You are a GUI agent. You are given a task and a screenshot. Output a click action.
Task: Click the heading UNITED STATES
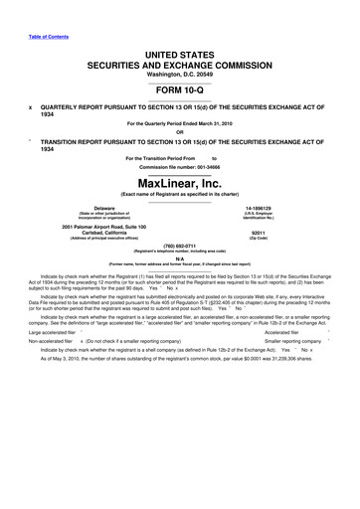(180, 52)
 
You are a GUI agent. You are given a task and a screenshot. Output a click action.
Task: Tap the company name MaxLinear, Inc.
(180, 184)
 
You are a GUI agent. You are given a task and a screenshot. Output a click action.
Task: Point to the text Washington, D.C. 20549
(180, 76)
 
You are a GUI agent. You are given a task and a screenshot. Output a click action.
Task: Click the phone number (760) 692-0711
(180, 245)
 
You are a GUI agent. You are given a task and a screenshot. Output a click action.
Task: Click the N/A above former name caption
(180, 257)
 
